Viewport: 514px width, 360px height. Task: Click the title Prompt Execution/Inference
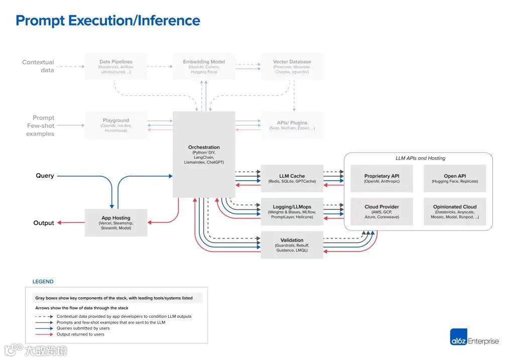click(x=108, y=21)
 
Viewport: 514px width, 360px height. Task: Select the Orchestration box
click(x=204, y=155)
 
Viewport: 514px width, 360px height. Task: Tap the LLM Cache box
click(x=292, y=178)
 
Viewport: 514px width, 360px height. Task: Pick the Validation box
click(x=292, y=245)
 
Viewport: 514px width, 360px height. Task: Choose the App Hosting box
click(x=116, y=222)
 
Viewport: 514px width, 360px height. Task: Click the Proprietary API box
click(x=381, y=178)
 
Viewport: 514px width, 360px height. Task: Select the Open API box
click(x=455, y=178)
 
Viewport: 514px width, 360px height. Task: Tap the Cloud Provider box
click(x=381, y=211)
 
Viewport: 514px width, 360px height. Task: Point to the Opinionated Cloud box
click(x=455, y=211)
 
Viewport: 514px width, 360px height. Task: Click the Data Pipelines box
click(x=116, y=66)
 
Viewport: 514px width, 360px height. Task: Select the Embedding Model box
click(x=204, y=66)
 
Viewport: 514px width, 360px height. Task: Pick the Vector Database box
click(x=292, y=66)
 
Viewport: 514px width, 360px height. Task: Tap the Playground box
click(x=116, y=125)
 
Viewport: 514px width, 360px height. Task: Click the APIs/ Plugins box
click(x=292, y=125)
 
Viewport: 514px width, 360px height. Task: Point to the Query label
click(x=45, y=176)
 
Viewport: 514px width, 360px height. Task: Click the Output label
click(x=44, y=223)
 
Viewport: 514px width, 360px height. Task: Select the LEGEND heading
click(x=43, y=282)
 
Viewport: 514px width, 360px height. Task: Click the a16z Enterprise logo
click(x=474, y=340)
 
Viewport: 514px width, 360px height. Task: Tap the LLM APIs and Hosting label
click(x=420, y=158)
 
